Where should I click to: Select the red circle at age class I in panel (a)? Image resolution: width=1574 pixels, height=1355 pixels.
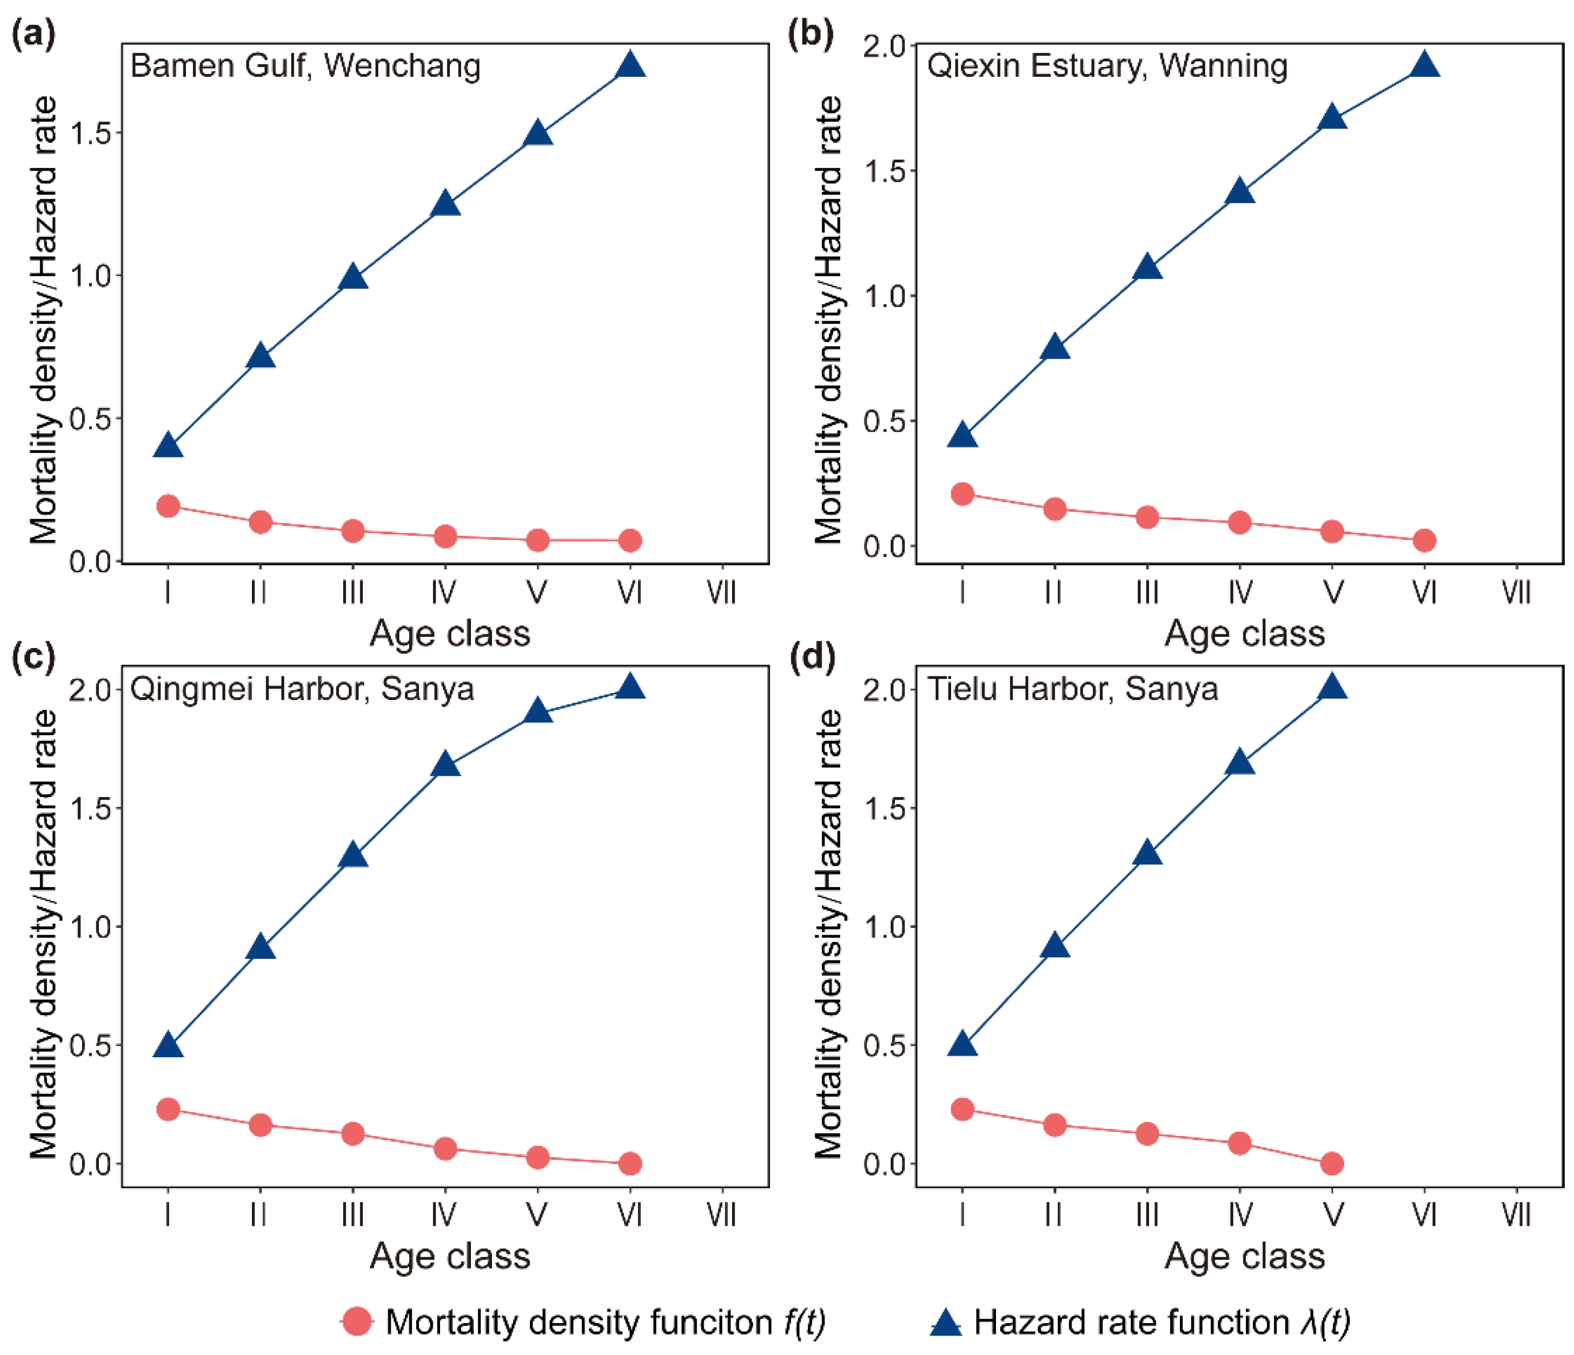tap(168, 506)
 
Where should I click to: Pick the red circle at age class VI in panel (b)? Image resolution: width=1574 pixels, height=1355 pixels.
tap(1425, 541)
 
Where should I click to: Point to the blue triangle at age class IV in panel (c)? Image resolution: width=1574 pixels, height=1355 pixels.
tap(445, 766)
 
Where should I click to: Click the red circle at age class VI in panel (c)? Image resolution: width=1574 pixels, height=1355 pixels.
tap(630, 1163)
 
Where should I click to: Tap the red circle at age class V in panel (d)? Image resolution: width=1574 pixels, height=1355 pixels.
tap(1332, 1163)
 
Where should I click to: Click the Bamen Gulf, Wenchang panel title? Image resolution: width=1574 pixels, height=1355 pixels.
tap(306, 66)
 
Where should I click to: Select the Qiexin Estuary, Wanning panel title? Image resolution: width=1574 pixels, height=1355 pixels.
tap(1107, 66)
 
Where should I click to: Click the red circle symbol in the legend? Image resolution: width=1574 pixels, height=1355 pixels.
tap(357, 1322)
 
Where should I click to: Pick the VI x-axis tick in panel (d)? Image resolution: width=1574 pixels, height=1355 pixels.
tap(1425, 1215)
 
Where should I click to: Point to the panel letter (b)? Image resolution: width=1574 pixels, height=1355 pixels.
tap(810, 34)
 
